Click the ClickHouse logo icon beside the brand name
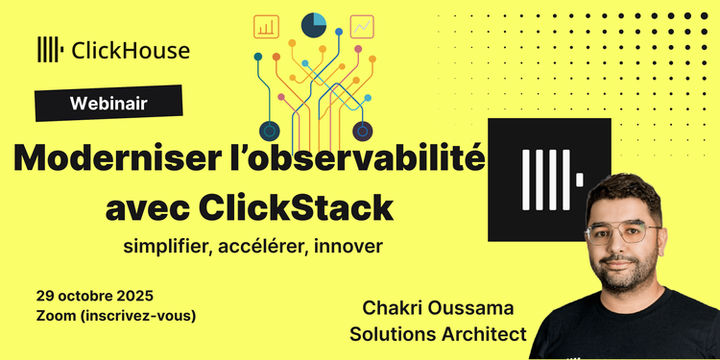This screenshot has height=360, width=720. tap(50, 50)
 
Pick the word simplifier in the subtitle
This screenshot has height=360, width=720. tap(164, 246)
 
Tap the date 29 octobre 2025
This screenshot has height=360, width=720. tap(94, 295)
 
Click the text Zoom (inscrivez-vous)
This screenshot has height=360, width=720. tap(115, 315)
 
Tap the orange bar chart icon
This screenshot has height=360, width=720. tap(266, 26)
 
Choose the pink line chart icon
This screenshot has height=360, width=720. tap(363, 26)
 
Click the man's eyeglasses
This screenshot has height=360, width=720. tap(623, 235)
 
